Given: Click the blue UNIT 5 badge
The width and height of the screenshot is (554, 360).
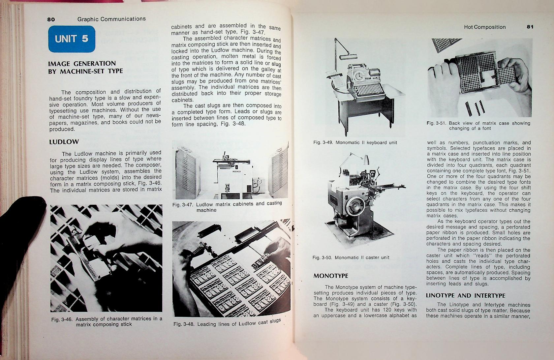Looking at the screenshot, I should click(x=72, y=39).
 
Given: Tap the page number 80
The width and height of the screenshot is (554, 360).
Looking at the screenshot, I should click(x=51, y=19).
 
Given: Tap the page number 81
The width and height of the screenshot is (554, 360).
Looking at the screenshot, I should click(x=530, y=27).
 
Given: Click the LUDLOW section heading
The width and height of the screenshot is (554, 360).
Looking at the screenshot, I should click(x=64, y=142).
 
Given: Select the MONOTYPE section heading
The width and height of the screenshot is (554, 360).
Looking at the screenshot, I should click(x=330, y=276).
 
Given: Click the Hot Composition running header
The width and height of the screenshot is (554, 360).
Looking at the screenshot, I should click(x=484, y=27).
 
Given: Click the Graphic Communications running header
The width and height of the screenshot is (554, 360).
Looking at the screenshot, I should click(x=111, y=19).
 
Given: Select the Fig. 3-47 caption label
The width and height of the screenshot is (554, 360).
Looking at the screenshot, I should click(x=183, y=205).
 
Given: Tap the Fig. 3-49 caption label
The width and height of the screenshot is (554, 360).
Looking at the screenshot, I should click(x=323, y=143).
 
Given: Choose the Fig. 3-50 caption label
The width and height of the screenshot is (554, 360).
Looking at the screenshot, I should click(x=322, y=257).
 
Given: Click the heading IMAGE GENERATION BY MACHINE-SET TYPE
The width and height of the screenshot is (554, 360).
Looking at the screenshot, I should click(x=85, y=67).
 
